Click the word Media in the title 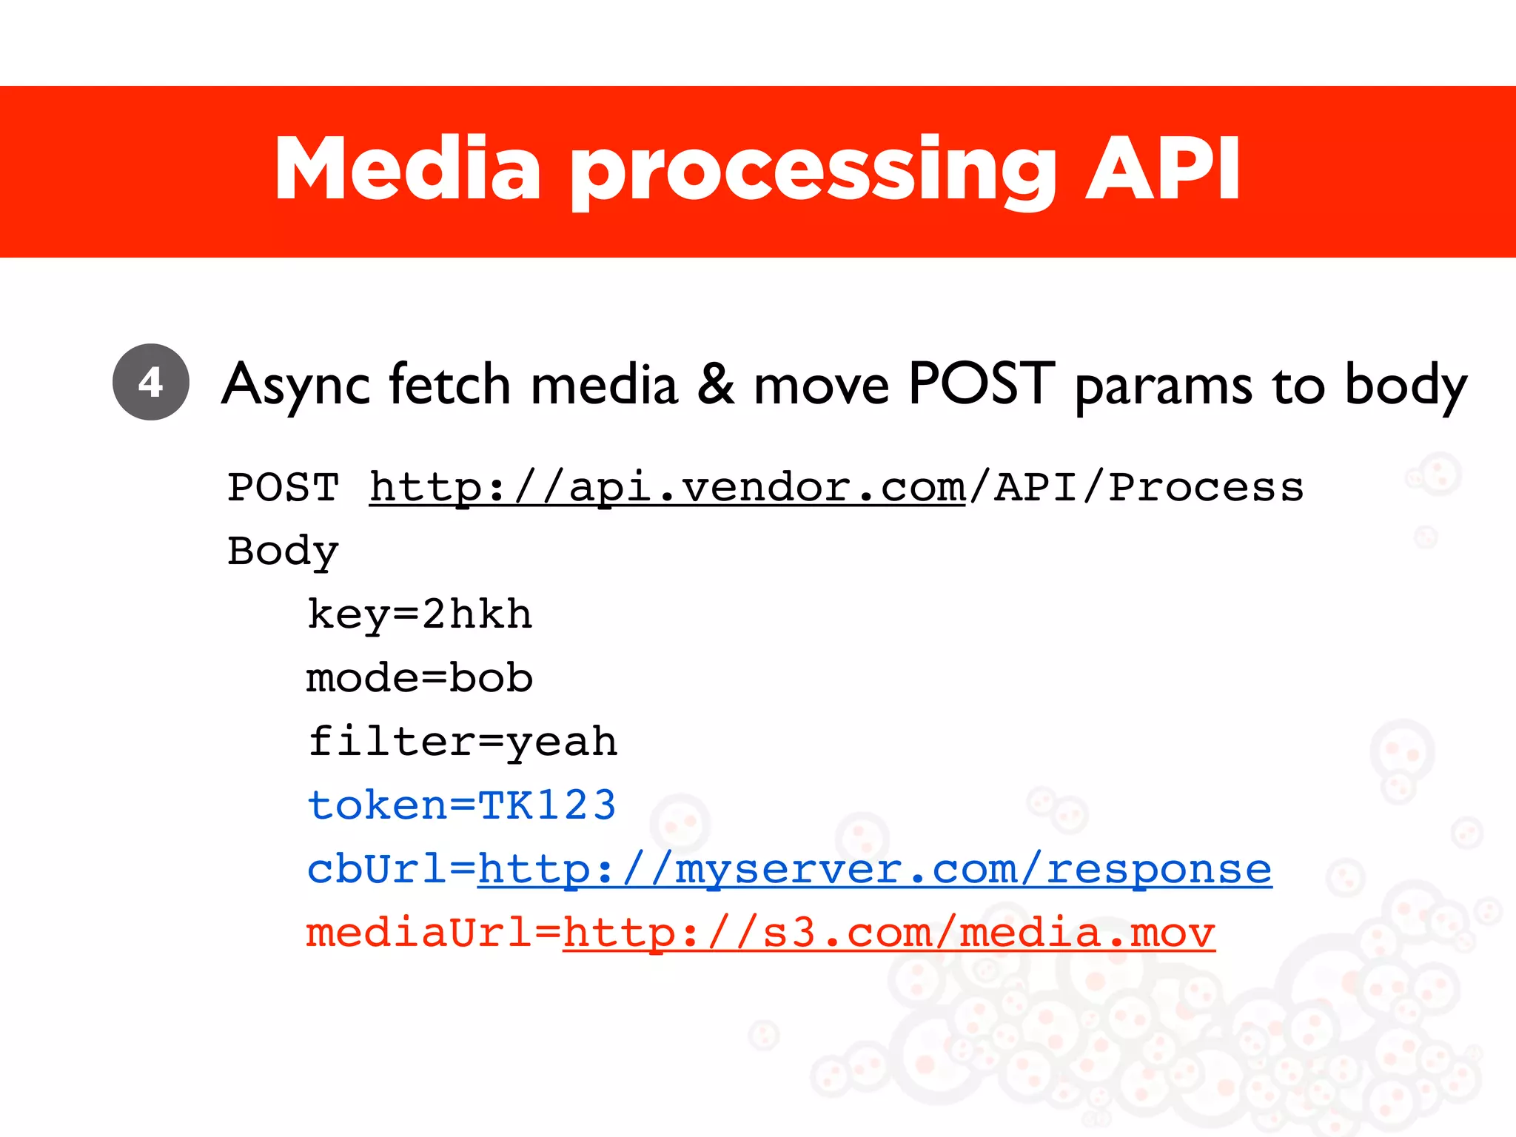pos(408,170)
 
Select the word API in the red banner pos(1162,170)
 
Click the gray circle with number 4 pos(151,382)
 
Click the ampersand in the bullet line pos(716,384)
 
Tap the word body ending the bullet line pos(1405,386)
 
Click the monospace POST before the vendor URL pos(283,488)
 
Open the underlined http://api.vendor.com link pos(667,488)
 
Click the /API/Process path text pos(1136,488)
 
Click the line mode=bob pos(420,678)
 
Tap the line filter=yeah pos(463,742)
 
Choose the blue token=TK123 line pos(462,805)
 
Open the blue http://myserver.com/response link pos(874,869)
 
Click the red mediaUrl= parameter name pos(434,933)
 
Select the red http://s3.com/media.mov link pos(888,933)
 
